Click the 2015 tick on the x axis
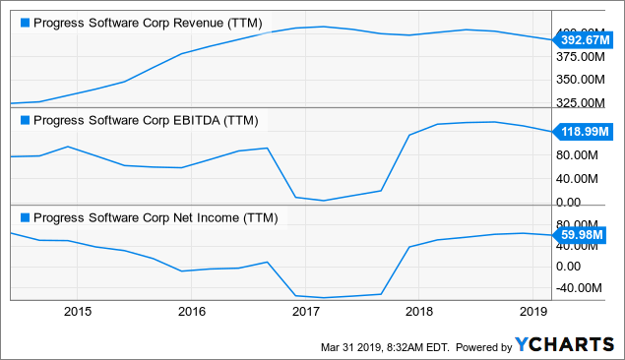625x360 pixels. click(x=78, y=312)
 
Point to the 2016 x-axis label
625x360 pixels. click(x=192, y=312)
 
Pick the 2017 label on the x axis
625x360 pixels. click(x=306, y=312)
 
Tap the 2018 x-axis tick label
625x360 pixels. click(x=420, y=312)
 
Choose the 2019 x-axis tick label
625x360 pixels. click(x=534, y=312)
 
